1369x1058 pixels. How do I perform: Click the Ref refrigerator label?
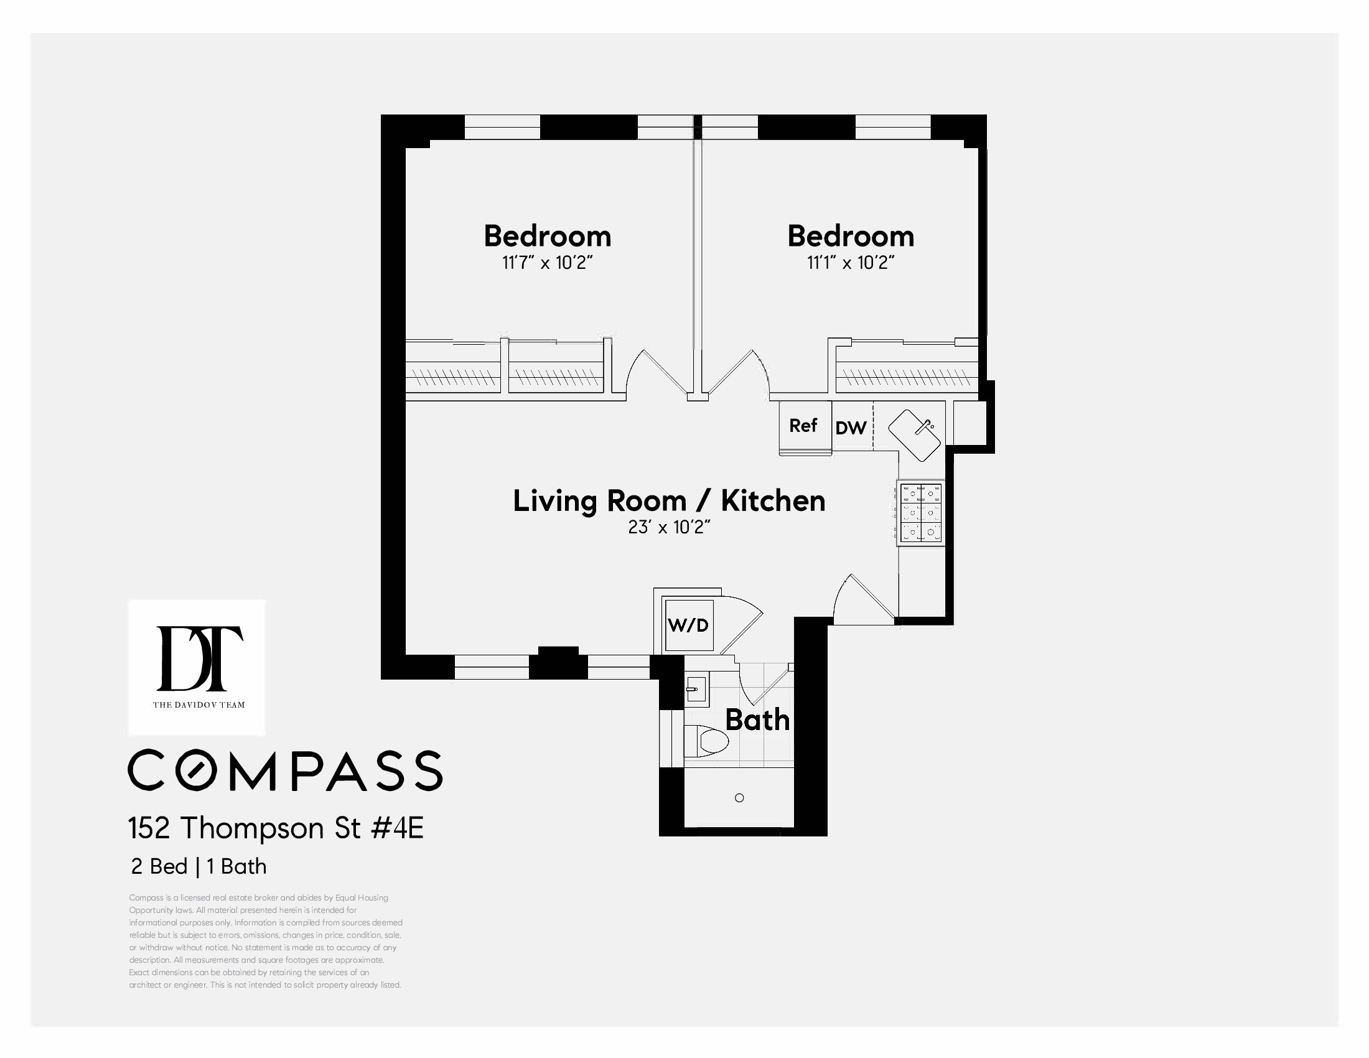point(803,426)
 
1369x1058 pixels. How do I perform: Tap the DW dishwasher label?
point(851,428)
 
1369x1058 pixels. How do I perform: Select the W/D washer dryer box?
point(688,625)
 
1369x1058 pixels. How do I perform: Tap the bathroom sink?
point(695,690)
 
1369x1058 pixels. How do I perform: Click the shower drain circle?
point(739,798)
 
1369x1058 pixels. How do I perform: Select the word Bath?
point(757,720)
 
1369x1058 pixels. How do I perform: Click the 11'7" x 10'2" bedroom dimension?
point(547,263)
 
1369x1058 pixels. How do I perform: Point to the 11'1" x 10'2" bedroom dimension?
point(850,263)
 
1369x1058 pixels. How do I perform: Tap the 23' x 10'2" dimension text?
point(669,527)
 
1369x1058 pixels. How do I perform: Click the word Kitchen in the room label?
point(773,501)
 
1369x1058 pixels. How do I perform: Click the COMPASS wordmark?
point(285,770)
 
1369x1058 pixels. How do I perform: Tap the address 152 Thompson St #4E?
point(276,828)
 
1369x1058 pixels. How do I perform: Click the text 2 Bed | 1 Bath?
point(199,866)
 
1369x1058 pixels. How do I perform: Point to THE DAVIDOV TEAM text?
point(199,705)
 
